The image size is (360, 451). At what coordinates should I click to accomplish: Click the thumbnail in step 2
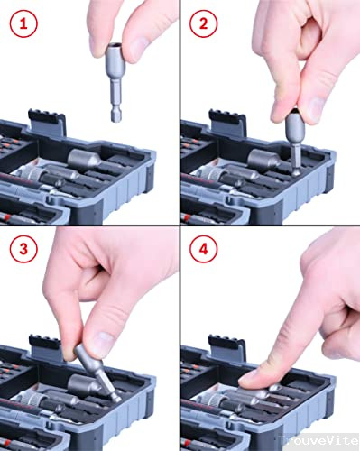click(x=281, y=106)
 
